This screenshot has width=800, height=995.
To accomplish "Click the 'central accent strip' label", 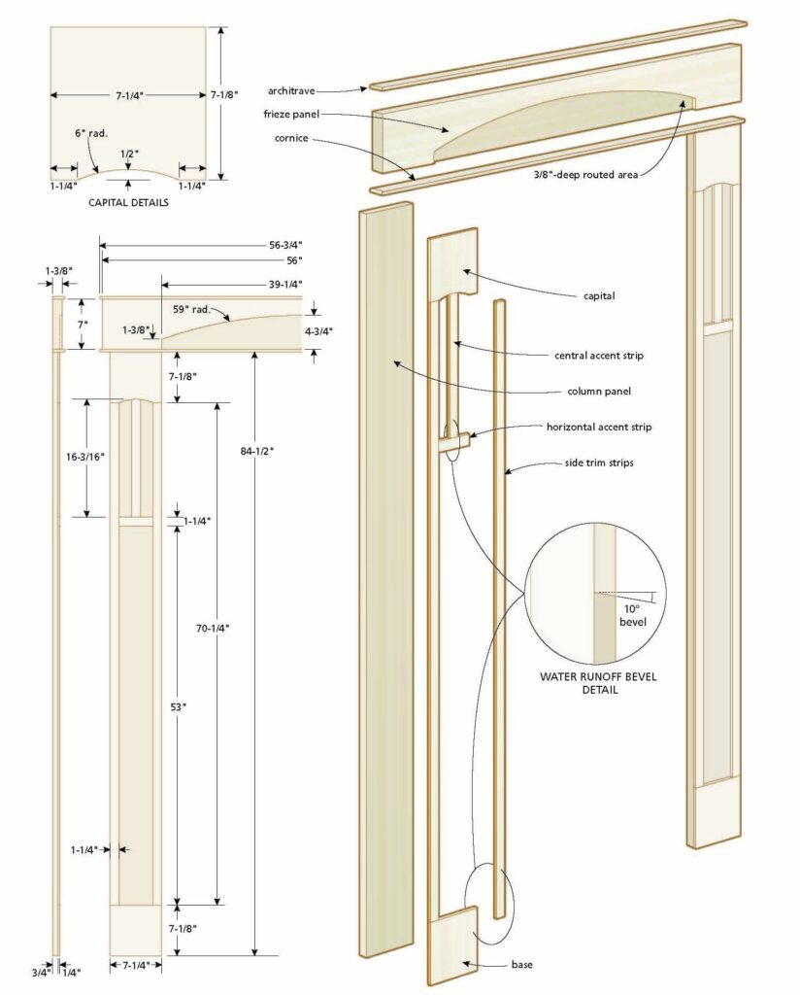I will click(x=597, y=356).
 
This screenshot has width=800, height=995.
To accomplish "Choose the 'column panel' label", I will click(x=600, y=392).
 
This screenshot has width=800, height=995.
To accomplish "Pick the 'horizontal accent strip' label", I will click(x=598, y=427).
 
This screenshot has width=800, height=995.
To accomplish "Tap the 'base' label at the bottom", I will click(x=522, y=966).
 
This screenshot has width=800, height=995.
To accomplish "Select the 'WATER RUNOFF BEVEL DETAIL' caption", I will click(x=600, y=683).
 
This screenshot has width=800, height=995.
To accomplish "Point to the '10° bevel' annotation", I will click(x=632, y=614).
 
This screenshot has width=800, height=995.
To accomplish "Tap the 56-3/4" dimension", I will click(x=283, y=244).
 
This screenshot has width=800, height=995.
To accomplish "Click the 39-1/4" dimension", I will click(x=283, y=284).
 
